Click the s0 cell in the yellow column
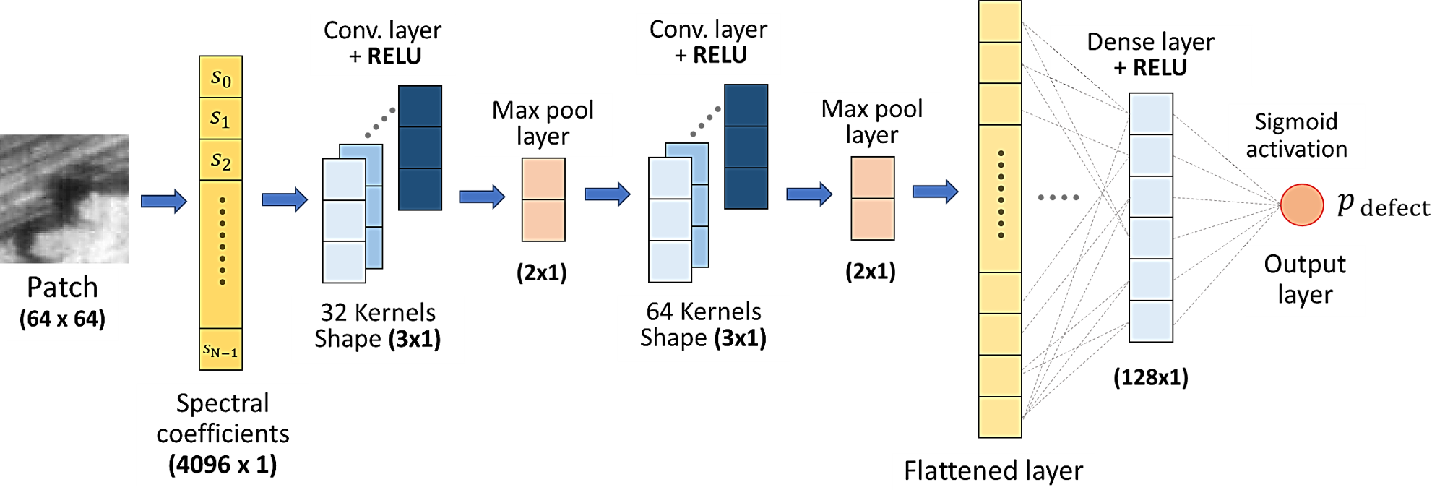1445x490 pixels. [220, 77]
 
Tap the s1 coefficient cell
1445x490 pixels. [220, 119]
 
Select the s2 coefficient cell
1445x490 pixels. [220, 160]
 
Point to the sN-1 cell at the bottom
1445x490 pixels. [220, 350]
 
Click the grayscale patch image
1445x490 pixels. [64, 199]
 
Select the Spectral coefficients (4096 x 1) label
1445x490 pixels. [223, 434]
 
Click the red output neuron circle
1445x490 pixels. [1302, 205]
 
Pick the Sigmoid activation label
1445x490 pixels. [1296, 136]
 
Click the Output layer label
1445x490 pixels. [1305, 280]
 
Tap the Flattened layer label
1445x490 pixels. [993, 470]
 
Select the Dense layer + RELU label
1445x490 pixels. [1150, 56]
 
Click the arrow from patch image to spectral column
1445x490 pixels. [163, 201]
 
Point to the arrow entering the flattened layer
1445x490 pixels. [935, 192]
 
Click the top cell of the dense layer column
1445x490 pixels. [1151, 113]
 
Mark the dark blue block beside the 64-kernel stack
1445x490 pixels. [746, 147]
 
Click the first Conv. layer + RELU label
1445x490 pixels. [382, 44]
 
